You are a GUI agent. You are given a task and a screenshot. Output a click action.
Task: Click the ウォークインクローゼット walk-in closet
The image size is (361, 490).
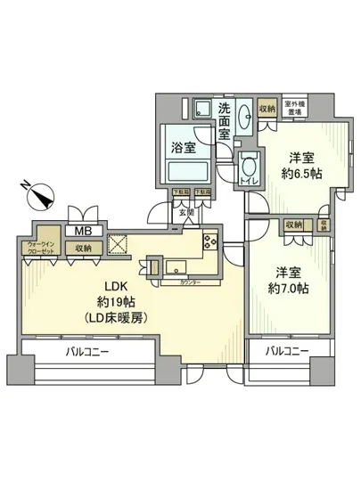click(40, 248)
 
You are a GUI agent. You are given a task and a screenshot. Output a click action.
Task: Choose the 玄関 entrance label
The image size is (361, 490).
click(185, 213)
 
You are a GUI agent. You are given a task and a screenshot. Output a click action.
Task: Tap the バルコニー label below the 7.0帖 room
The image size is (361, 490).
click(283, 352)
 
